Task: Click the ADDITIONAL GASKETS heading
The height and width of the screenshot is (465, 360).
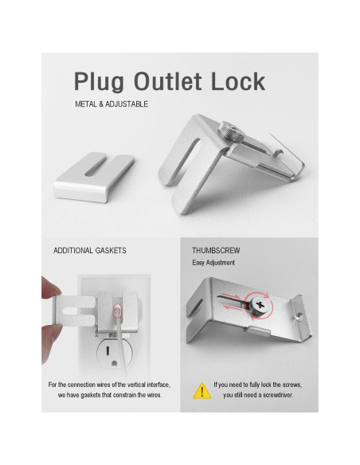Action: [89, 250]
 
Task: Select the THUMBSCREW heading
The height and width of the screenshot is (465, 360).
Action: [216, 250]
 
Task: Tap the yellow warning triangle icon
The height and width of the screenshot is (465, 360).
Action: [202, 390]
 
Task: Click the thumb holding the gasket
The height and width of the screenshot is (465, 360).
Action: [50, 287]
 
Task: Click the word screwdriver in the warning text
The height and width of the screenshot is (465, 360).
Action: [281, 395]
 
